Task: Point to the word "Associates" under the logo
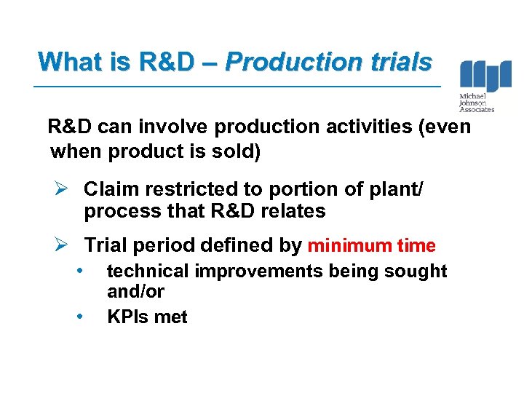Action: [477, 110]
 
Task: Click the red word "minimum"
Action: [345, 246]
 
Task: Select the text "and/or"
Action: [135, 292]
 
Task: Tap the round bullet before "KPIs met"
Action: [82, 317]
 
